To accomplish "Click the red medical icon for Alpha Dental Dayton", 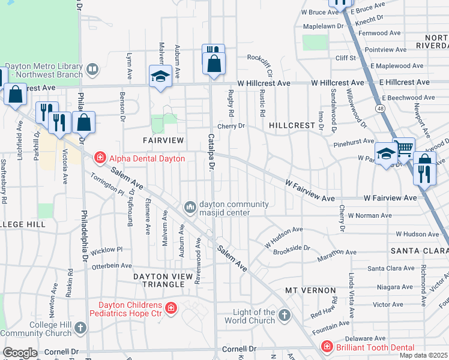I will pos(100,158).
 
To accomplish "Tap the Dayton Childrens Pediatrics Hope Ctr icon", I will pos(171,308).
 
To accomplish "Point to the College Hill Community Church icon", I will pos(80,328).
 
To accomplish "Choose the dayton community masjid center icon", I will pos(190,208).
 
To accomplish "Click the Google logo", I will pos(20,353).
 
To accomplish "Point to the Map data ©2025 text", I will pos(423,355).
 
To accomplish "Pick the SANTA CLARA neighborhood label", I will pos(420,250).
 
